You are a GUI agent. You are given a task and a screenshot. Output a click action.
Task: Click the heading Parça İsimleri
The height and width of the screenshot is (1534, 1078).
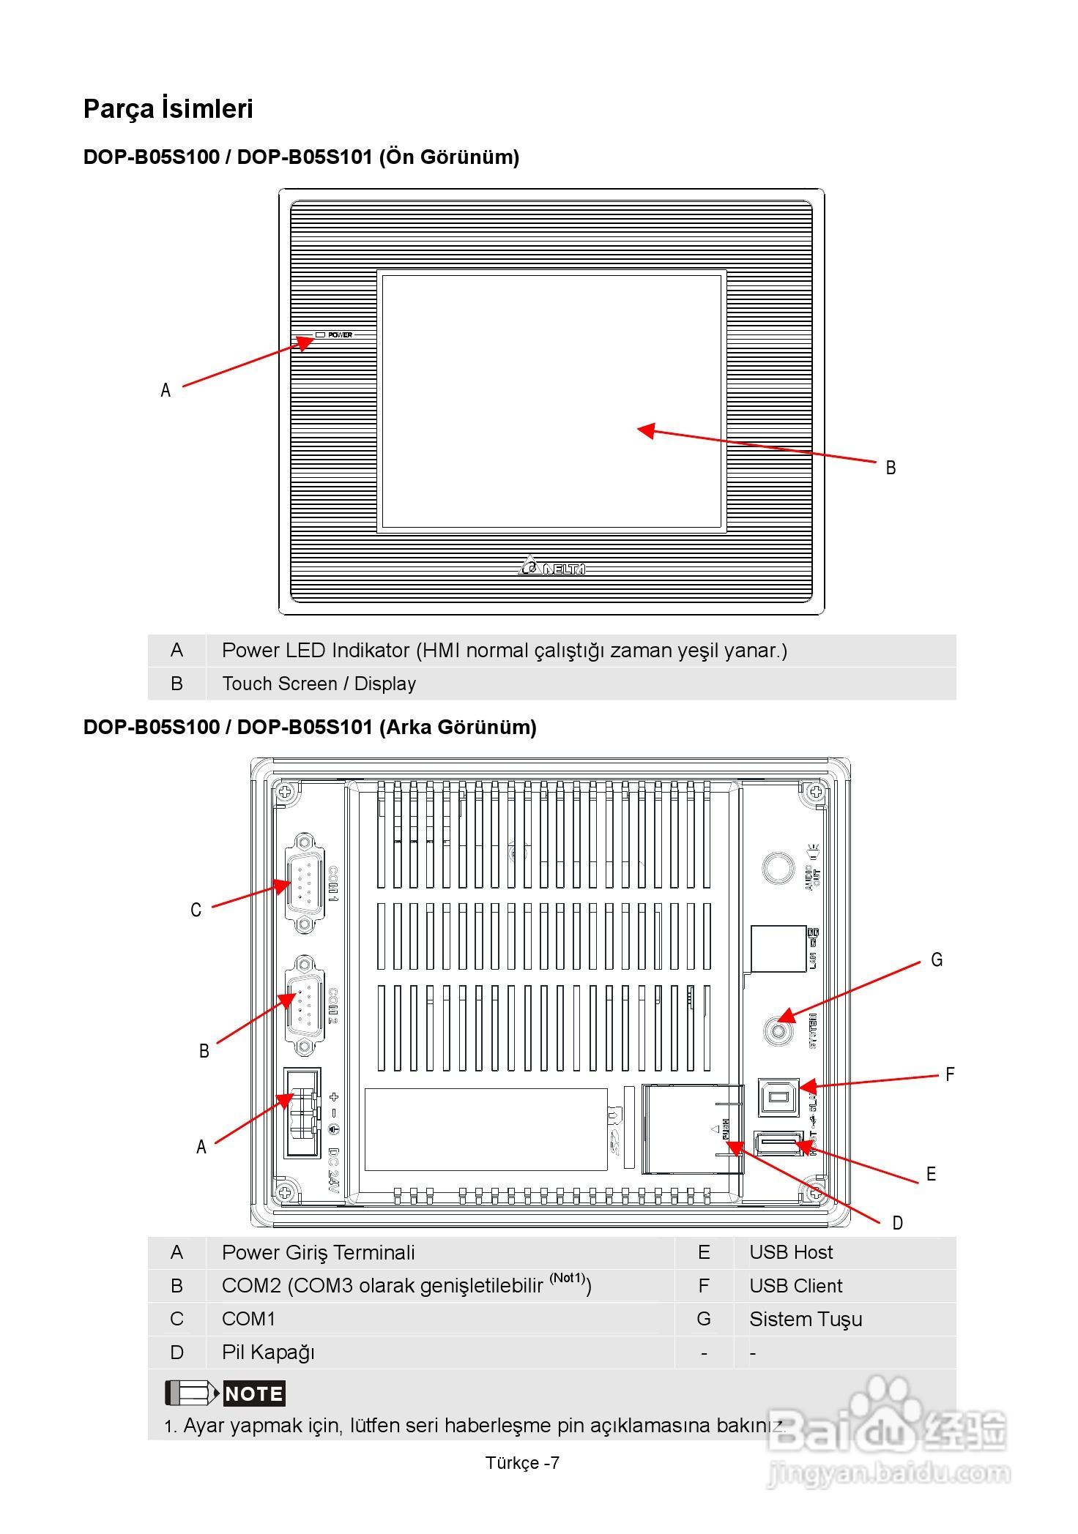(x=168, y=108)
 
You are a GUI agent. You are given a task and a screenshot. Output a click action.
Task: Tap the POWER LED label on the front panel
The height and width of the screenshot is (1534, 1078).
(x=339, y=334)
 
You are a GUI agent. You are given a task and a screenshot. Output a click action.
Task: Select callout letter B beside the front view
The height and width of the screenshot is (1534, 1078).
(x=891, y=468)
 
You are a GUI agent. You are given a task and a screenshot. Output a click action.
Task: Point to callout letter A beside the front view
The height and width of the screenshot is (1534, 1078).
(x=166, y=390)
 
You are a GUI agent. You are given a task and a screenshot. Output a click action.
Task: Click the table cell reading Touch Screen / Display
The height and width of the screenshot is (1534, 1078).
(x=319, y=684)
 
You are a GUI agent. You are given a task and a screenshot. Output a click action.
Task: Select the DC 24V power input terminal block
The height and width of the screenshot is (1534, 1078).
(x=302, y=1115)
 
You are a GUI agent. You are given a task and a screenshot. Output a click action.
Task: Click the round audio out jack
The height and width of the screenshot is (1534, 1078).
(x=778, y=868)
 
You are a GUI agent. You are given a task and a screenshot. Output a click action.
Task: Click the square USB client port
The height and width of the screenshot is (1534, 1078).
(x=778, y=1096)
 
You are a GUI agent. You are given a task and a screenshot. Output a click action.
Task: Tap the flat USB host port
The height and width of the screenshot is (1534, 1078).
(x=778, y=1142)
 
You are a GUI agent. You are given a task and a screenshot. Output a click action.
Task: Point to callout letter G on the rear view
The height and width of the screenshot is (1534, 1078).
(x=937, y=959)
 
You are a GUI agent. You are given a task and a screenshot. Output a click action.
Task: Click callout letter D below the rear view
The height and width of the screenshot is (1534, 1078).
(x=897, y=1223)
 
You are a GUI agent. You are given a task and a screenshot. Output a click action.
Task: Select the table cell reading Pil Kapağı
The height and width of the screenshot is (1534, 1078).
(x=268, y=1352)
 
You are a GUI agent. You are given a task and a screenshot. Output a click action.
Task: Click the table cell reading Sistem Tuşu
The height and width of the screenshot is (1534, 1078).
(x=806, y=1319)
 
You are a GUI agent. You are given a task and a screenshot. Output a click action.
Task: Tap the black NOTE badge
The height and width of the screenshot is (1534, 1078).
(x=253, y=1393)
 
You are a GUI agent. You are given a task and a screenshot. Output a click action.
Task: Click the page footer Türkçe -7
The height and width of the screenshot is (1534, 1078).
(x=522, y=1462)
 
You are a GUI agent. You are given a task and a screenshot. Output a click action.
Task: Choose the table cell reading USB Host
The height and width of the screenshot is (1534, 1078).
(x=791, y=1252)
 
